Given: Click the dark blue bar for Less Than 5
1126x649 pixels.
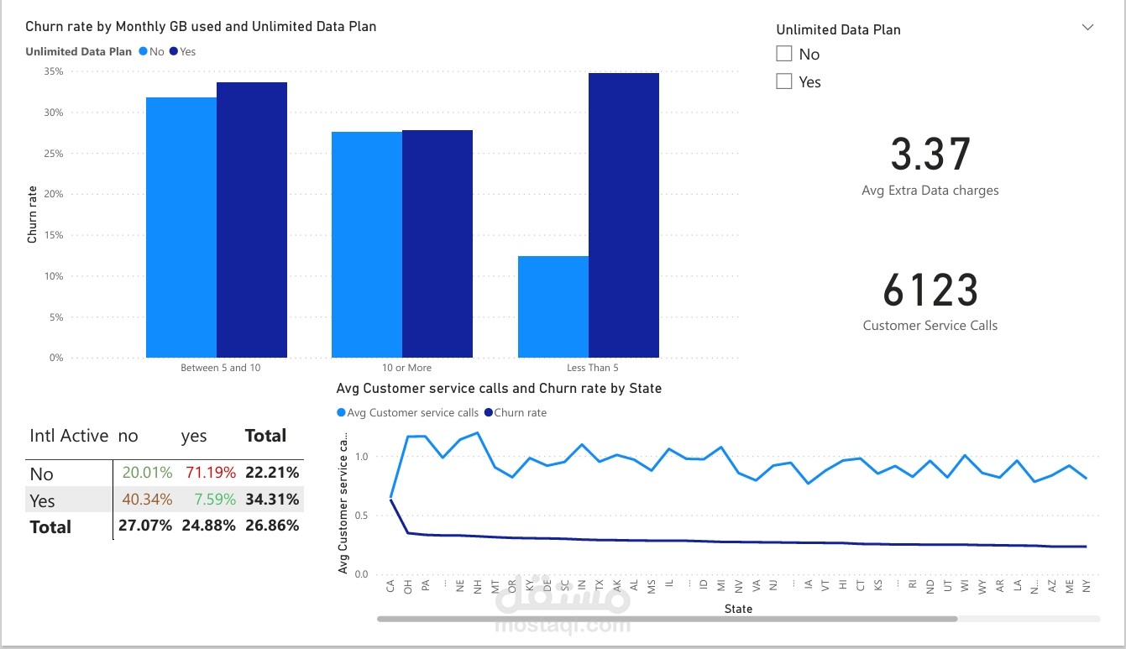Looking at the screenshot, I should pyautogui.click(x=623, y=215).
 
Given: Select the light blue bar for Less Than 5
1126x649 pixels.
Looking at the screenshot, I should pyautogui.click(x=553, y=306).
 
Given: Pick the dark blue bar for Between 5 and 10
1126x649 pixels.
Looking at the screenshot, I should pyautogui.click(x=252, y=220).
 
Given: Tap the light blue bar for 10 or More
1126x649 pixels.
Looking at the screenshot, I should pyautogui.click(x=366, y=244).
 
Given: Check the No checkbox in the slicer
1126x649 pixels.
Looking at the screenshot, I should pyautogui.click(x=784, y=54).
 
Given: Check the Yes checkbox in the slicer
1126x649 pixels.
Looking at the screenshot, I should pyautogui.click(x=784, y=81).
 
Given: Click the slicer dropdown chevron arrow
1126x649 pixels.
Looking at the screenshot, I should pyautogui.click(x=1087, y=28).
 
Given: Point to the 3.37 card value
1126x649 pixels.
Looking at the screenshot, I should pyautogui.click(x=930, y=154).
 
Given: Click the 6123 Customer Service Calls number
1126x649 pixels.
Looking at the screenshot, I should pyautogui.click(x=930, y=290).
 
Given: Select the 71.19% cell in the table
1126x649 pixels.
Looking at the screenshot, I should pyautogui.click(x=211, y=474).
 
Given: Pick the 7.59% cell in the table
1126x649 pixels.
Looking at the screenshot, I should pyautogui.click(x=215, y=500).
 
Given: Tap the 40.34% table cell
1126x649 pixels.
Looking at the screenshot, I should pyautogui.click(x=147, y=500).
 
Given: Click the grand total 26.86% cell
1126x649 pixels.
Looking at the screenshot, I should pyautogui.click(x=272, y=526).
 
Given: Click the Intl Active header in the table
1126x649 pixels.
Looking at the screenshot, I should pyautogui.click(x=69, y=436).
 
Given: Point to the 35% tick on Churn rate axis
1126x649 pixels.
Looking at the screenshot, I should pyautogui.click(x=53, y=71).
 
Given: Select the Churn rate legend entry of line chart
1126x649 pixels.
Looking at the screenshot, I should pyautogui.click(x=520, y=412).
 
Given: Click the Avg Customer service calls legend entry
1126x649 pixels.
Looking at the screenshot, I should pyautogui.click(x=412, y=412).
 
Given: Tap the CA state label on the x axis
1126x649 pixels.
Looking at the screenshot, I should pyautogui.click(x=390, y=585).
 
